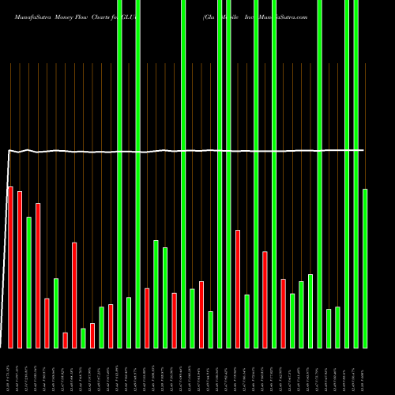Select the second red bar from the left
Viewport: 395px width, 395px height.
pyautogui.click(x=20, y=269)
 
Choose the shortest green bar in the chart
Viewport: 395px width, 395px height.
pyautogui.click(x=83, y=337)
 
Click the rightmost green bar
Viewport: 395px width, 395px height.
pyautogui.click(x=365, y=268)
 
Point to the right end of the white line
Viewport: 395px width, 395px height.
pyautogui.click(x=363, y=150)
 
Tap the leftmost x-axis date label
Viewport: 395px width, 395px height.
pyautogui.click(x=10, y=371)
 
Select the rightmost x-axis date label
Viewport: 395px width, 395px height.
pyautogui.click(x=365, y=371)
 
